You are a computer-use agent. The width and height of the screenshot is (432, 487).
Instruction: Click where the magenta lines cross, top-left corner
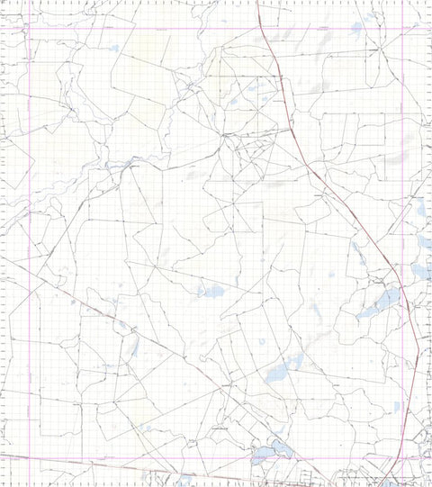(x=30, y=29)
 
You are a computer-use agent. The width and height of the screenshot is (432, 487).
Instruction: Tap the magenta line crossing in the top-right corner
(x=400, y=29)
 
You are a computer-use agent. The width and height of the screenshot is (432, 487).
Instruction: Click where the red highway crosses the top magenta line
(x=263, y=29)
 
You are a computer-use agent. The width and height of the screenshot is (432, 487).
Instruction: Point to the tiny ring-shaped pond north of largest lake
(x=262, y=341)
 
